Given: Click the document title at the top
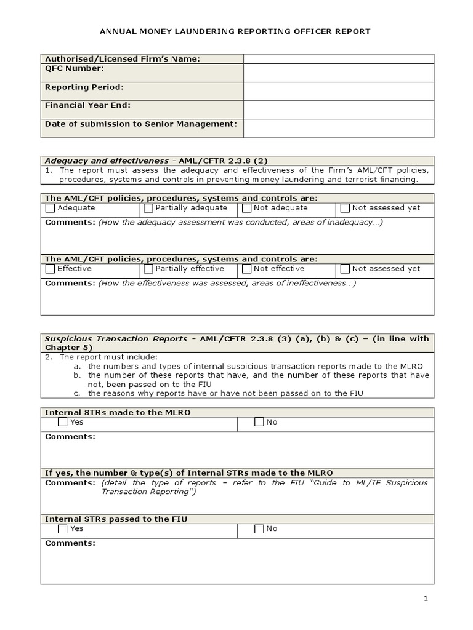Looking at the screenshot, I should pyautogui.click(x=236, y=31).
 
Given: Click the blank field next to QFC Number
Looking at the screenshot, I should pyautogui.click(x=338, y=73).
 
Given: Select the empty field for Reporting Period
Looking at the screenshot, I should pyautogui.click(x=338, y=91).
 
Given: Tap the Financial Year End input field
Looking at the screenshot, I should pyautogui.click(x=338, y=110).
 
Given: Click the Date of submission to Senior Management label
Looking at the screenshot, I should pyautogui.click(x=141, y=124).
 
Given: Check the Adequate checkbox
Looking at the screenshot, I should pyautogui.click(x=51, y=208).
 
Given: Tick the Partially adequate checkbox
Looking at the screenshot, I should pyautogui.click(x=148, y=208).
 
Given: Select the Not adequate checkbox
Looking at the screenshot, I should pyautogui.click(x=247, y=208).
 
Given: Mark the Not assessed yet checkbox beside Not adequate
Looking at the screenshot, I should pyautogui.click(x=345, y=208).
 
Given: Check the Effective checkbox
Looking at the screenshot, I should pyautogui.click(x=51, y=269).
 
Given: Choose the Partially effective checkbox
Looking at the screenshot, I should pyautogui.click(x=148, y=269).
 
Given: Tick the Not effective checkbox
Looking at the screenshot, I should pyautogui.click(x=247, y=269).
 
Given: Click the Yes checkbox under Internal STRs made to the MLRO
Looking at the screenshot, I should pyautogui.click(x=63, y=422).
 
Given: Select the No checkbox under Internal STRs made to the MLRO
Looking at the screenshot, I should pyautogui.click(x=259, y=422).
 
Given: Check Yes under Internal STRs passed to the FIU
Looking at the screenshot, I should pyautogui.click(x=63, y=528).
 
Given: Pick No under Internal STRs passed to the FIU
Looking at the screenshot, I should pyautogui.click(x=259, y=528).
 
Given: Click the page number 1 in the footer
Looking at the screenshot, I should pyautogui.click(x=426, y=599).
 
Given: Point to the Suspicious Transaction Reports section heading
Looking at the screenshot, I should pyautogui.click(x=116, y=339).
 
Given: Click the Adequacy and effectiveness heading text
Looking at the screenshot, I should pyautogui.click(x=106, y=161).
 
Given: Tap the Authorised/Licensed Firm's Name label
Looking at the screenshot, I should pyautogui.click(x=123, y=59).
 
